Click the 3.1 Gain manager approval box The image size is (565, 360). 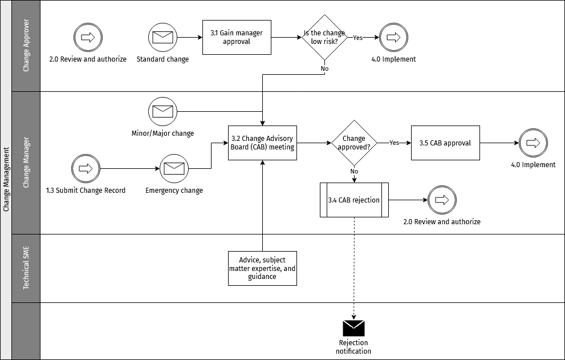[237, 38]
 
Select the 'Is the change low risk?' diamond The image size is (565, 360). [324, 38]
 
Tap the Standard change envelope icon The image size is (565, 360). [162, 38]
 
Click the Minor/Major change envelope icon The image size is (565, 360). [162, 111]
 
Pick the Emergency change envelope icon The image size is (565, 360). [174, 168]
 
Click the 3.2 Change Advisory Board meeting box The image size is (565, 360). [262, 143]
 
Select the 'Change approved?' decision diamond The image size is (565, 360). [354, 143]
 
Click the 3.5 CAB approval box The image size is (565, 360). [445, 143]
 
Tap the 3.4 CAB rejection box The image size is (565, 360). [354, 200]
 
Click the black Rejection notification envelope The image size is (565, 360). [353, 328]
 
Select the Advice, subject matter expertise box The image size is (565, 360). [262, 268]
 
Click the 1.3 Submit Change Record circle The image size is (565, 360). [86, 168]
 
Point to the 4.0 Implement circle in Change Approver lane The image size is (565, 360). [393, 38]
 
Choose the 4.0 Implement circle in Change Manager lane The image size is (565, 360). [533, 143]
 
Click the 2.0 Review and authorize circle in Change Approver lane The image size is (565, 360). [88, 38]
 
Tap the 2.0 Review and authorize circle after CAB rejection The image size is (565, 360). [442, 200]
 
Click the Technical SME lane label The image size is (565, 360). [26, 268]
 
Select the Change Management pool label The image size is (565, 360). [6, 180]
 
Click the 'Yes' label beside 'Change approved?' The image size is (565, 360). [394, 143]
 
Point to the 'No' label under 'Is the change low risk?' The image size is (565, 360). [324, 68]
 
